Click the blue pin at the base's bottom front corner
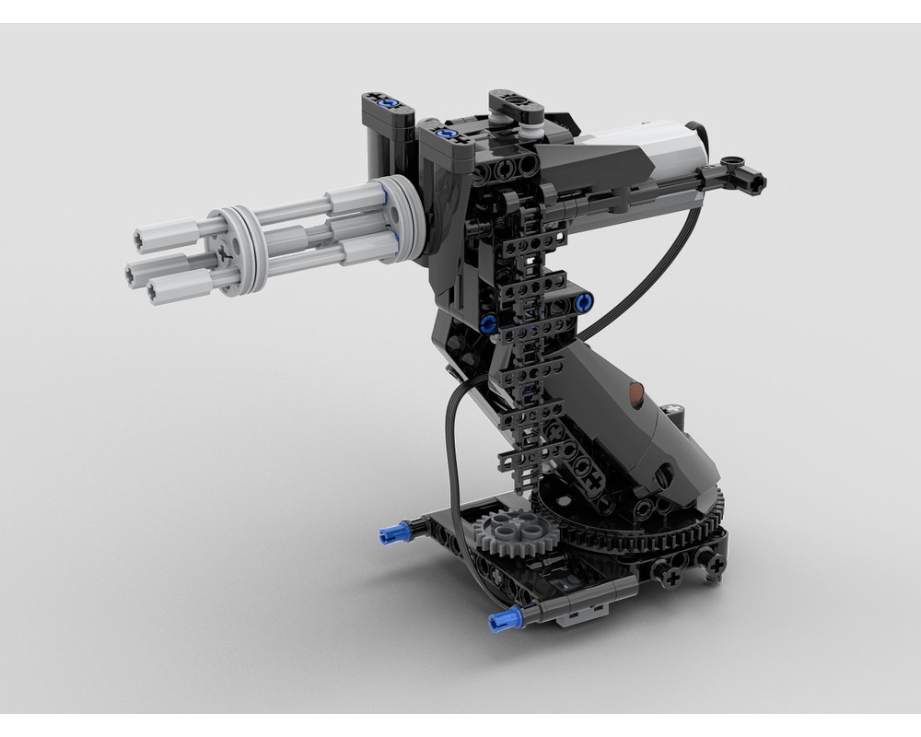coord(506,618)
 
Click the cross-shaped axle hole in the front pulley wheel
coord(223,250)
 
